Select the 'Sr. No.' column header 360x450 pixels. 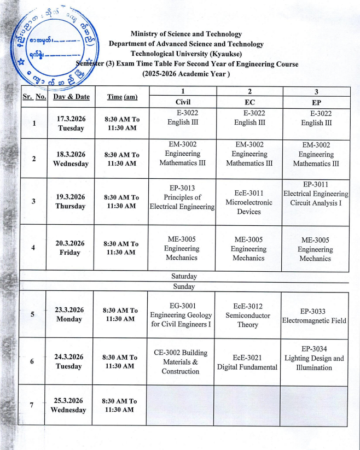pos(34,97)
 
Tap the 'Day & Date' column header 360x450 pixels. pos(71,97)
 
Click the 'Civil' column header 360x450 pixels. pos(183,102)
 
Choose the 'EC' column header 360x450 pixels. pos(249,102)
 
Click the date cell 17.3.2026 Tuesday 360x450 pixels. pos(71,124)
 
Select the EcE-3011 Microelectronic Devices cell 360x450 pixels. pos(249,202)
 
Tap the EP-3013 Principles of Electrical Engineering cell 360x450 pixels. pos(183,197)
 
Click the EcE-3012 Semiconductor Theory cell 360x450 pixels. pos(247,315)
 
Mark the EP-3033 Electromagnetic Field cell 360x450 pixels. pos(314,315)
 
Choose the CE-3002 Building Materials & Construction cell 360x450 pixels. pos(181,361)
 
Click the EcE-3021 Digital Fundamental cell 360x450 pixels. pos(247,362)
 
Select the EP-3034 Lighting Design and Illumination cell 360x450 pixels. pos(314,358)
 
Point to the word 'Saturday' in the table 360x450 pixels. pos(184,277)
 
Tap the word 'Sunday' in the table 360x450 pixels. pos(184,287)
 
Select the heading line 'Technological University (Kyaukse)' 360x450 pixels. pos(186,54)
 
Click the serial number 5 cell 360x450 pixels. pos(32,314)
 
